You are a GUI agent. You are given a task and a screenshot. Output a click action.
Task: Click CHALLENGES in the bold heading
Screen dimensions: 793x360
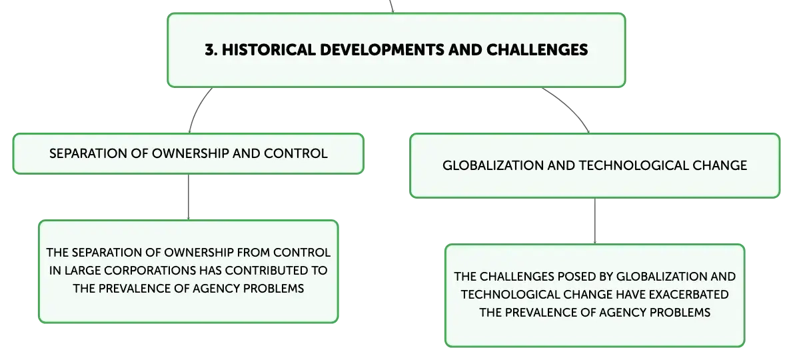[x=537, y=49]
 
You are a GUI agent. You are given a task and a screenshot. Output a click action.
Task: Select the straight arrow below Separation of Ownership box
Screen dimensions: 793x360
[x=189, y=197]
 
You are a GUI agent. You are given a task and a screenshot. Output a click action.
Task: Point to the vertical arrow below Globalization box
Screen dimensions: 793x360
[x=594, y=221]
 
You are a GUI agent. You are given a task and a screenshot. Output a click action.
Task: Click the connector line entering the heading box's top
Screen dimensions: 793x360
[x=391, y=7]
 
